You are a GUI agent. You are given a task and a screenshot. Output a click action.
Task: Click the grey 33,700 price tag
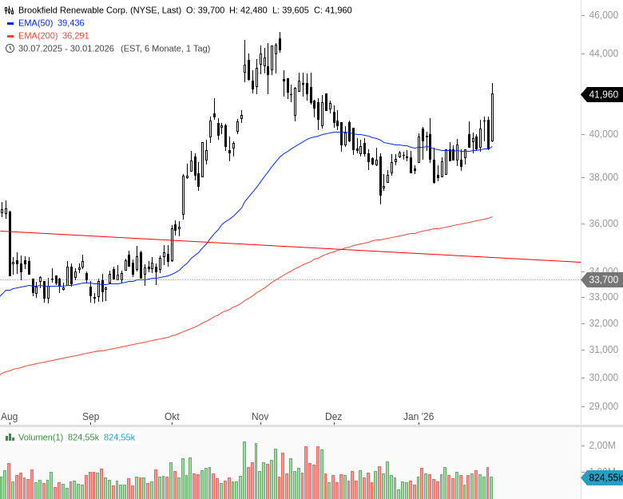tap(602, 279)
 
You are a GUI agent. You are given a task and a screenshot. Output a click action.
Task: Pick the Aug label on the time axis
tap(9, 417)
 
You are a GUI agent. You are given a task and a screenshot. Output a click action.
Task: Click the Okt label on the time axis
tap(172, 417)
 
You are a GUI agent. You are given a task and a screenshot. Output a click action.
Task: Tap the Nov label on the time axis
tap(260, 417)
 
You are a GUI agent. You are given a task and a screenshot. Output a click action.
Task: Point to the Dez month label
tap(333, 417)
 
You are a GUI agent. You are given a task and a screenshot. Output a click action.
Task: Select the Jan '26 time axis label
tap(418, 417)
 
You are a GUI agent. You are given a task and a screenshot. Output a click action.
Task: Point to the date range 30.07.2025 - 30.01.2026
tap(67, 48)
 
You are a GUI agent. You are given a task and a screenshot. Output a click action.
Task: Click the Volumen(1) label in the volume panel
tap(40, 437)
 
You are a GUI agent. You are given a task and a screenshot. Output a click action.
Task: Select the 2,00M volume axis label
tap(603, 445)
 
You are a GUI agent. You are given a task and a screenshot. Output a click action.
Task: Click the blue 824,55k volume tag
tap(602, 477)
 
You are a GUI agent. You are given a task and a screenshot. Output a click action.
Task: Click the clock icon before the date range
tap(10, 48)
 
